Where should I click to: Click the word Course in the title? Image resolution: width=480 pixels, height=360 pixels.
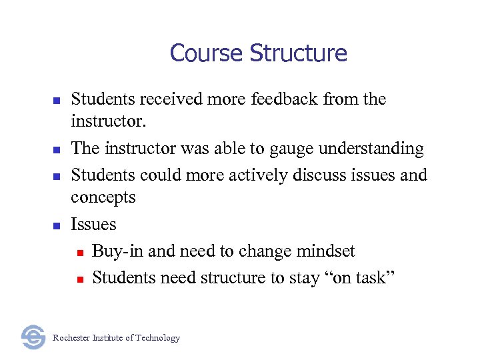click(207, 53)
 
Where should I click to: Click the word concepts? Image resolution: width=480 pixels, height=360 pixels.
click(103, 198)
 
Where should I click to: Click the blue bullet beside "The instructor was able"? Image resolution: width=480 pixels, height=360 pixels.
click(57, 150)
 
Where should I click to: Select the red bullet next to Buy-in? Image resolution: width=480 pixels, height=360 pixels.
click(79, 253)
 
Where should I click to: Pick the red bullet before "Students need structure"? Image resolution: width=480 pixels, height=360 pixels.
click(79, 279)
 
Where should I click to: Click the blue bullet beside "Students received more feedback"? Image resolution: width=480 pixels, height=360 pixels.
click(57, 101)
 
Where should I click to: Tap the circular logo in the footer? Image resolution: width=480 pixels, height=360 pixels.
click(33, 337)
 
